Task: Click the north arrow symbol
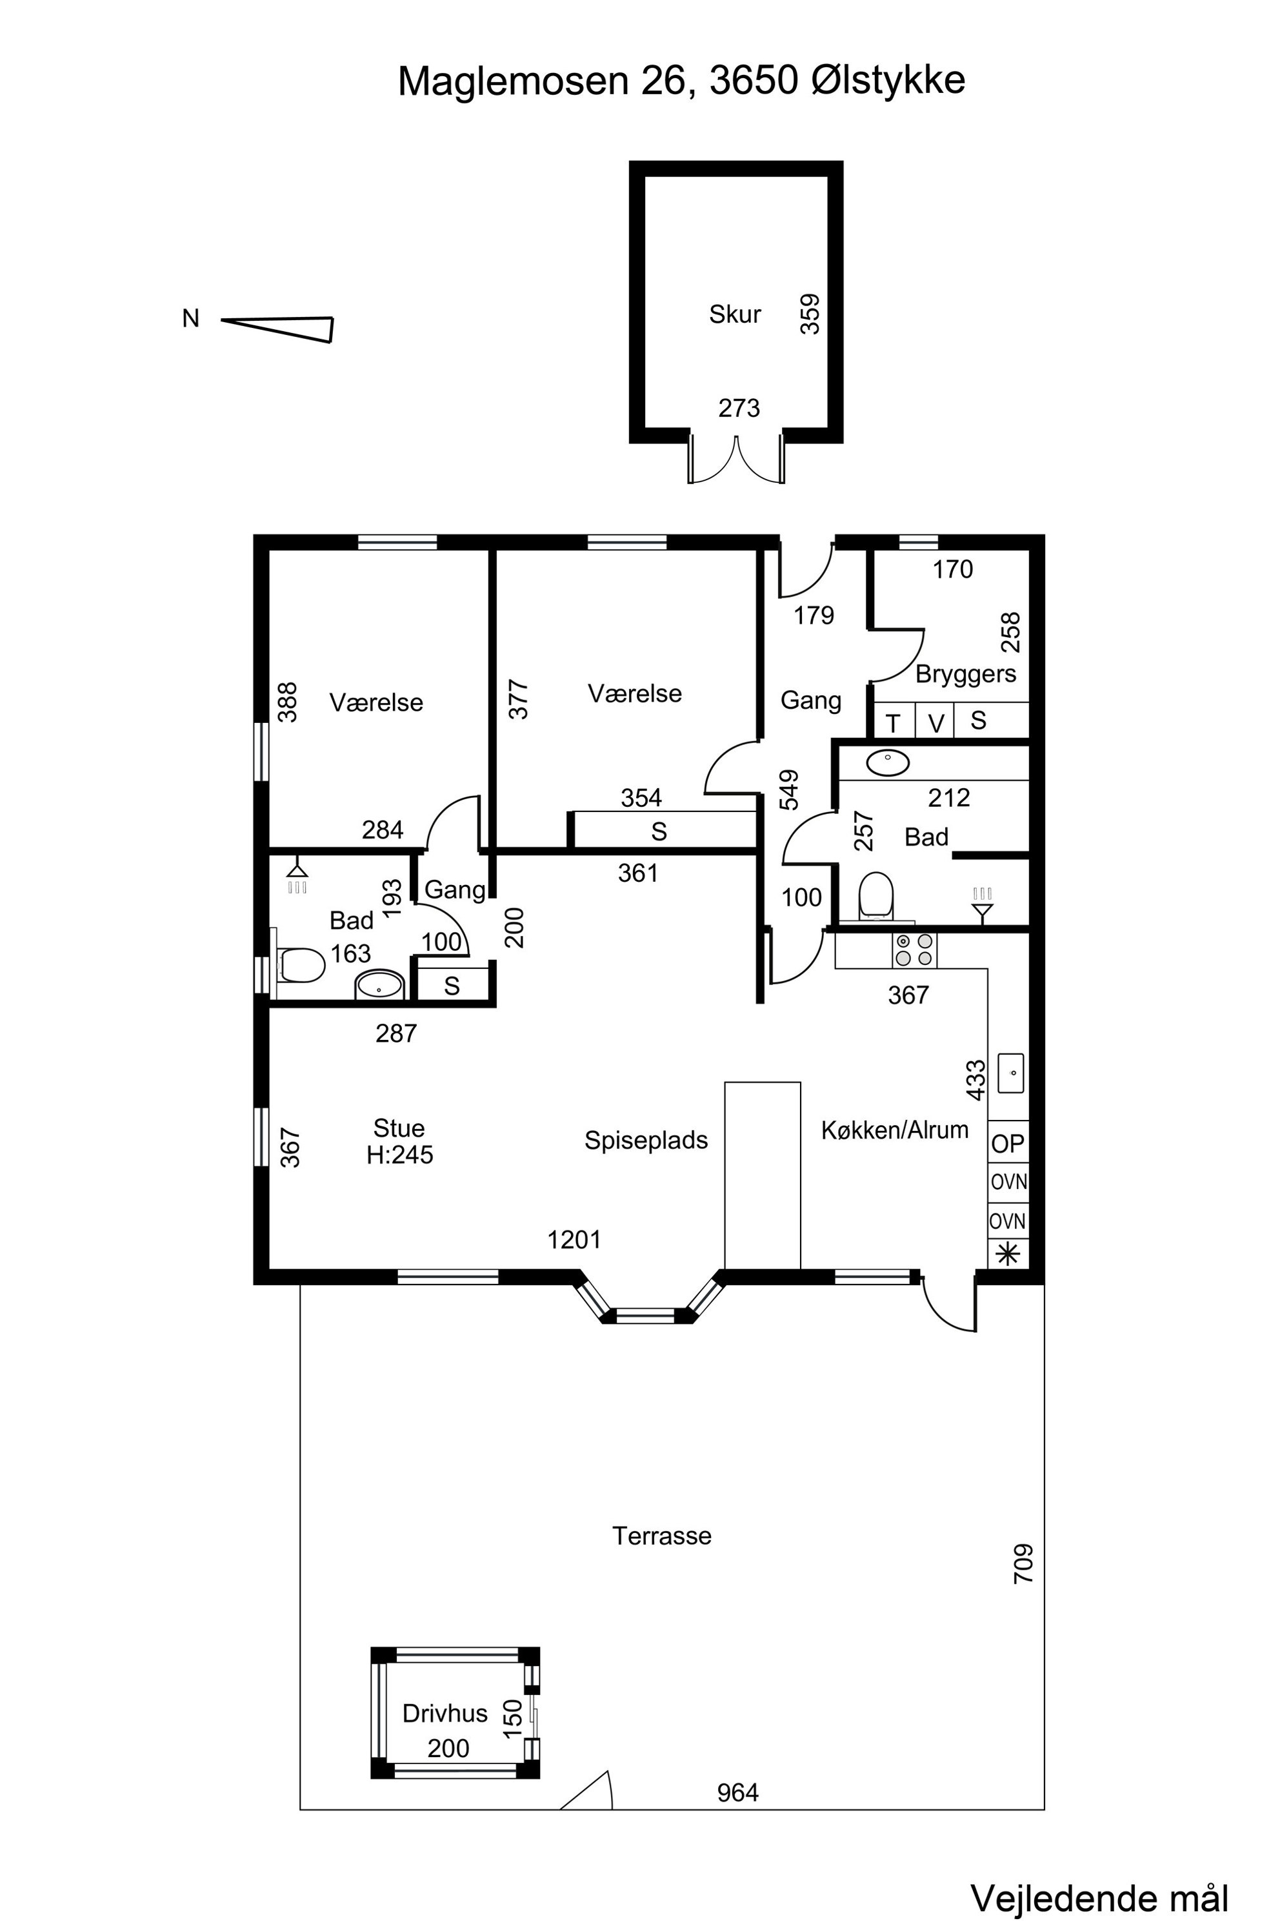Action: (x=277, y=329)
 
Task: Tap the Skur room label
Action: (x=735, y=314)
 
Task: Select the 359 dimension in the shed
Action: (x=810, y=314)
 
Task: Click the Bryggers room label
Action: (x=966, y=675)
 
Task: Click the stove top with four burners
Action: (x=914, y=950)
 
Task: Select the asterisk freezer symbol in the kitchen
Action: (x=1008, y=1254)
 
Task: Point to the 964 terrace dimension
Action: (x=738, y=1793)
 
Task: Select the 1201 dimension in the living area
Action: (x=574, y=1240)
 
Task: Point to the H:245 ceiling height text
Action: (x=400, y=1155)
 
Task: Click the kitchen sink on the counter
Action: (x=1010, y=1073)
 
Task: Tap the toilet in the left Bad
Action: (x=299, y=964)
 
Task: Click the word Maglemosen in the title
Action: (x=514, y=81)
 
